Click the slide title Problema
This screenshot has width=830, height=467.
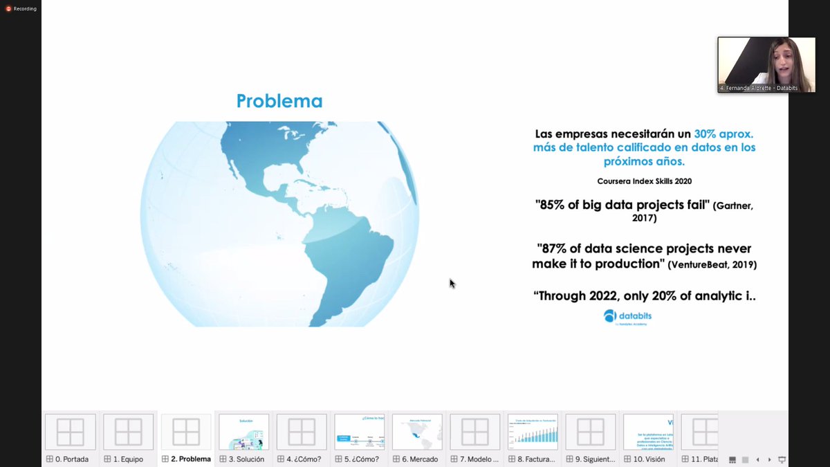(x=279, y=101)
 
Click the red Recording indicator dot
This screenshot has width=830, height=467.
(x=9, y=8)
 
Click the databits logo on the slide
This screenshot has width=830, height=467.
(x=627, y=317)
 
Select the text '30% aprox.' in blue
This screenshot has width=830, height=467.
(x=723, y=134)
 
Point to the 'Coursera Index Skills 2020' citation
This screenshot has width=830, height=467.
(x=644, y=181)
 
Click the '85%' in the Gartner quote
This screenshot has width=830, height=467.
(x=552, y=205)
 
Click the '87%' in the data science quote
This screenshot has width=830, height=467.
(x=554, y=248)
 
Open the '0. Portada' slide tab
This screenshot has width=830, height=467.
(x=71, y=459)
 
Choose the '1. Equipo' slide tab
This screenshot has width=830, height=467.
(x=128, y=459)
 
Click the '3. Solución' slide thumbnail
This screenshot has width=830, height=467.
(x=243, y=432)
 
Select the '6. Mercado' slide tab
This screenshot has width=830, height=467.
(x=417, y=459)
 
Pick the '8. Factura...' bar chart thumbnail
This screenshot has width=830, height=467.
(x=533, y=432)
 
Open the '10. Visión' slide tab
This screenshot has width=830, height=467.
(x=648, y=459)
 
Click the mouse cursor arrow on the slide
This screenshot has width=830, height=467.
(x=452, y=283)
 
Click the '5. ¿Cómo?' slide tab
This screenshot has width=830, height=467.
(x=359, y=459)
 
